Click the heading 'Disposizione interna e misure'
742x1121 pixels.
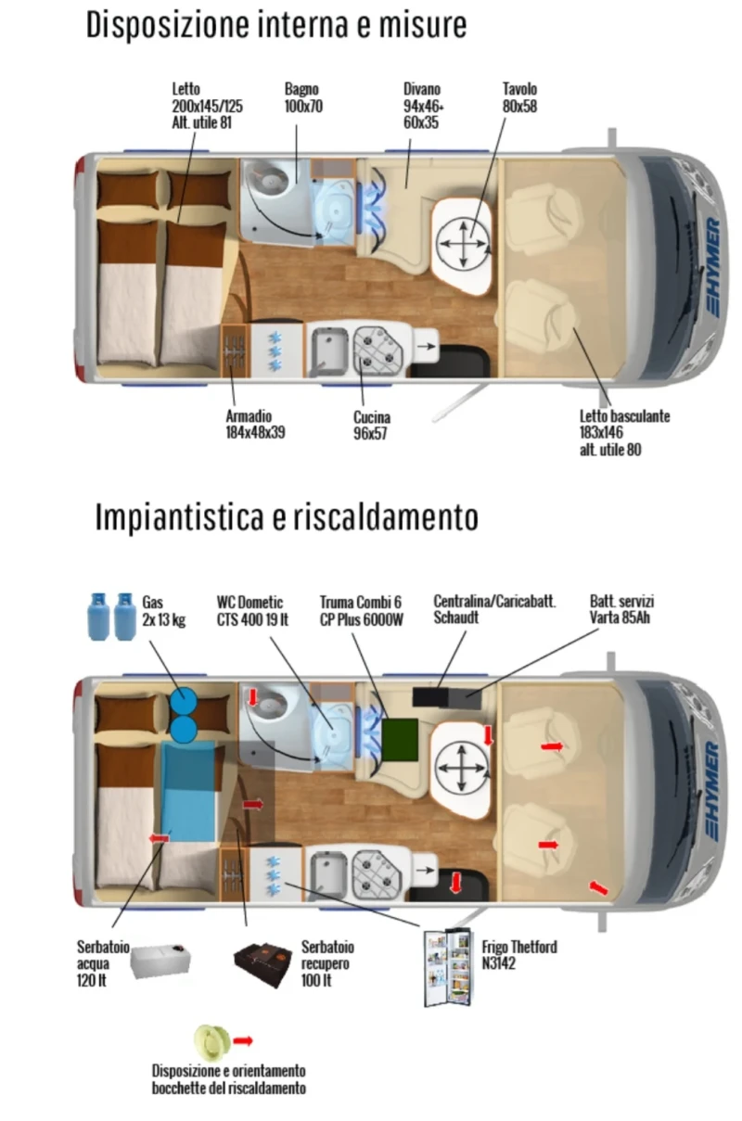[276, 25]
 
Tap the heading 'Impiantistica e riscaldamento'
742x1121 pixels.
[287, 517]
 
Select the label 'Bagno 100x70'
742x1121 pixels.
[303, 97]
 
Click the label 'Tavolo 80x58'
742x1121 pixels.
[519, 97]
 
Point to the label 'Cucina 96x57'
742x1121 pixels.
[370, 425]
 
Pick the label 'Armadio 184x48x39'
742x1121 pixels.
[255, 425]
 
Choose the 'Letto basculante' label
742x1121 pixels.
[624, 433]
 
